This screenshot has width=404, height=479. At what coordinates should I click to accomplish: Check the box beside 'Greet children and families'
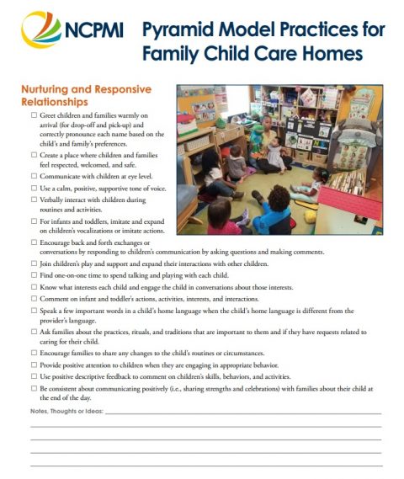(x=33, y=114)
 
